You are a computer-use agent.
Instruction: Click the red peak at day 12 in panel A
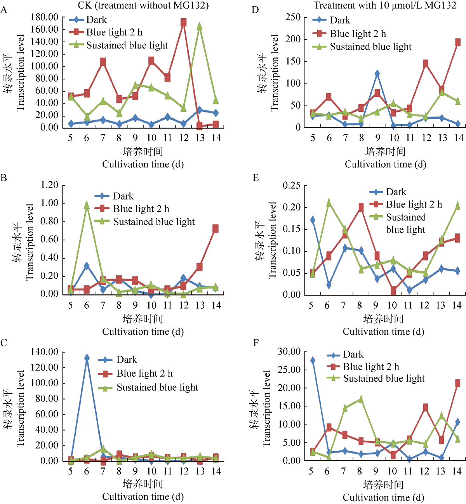point(183,23)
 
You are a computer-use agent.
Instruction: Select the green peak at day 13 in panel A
point(200,26)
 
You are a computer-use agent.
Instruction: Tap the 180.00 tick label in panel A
point(44,17)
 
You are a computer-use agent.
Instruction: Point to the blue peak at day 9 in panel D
point(377,74)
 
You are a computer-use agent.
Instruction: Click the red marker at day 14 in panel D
point(458,43)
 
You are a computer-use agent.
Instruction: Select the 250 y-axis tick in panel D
point(293,17)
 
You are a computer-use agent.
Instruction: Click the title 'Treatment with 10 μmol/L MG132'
point(385,5)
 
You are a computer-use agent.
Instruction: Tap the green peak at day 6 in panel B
point(87,205)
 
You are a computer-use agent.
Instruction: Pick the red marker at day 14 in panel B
point(216,229)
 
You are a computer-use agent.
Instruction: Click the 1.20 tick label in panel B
point(49,185)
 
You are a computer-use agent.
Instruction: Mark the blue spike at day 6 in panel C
point(87,358)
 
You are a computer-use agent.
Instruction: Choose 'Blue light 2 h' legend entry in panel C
point(144,374)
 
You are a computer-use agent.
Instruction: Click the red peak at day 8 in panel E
point(361,208)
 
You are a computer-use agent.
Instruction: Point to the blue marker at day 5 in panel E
point(313,220)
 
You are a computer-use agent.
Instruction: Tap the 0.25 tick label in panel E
point(291,186)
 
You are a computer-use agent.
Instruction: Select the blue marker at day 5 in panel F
point(313,360)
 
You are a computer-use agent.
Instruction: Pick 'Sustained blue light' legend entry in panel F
point(384,379)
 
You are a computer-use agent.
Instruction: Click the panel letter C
point(4,343)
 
